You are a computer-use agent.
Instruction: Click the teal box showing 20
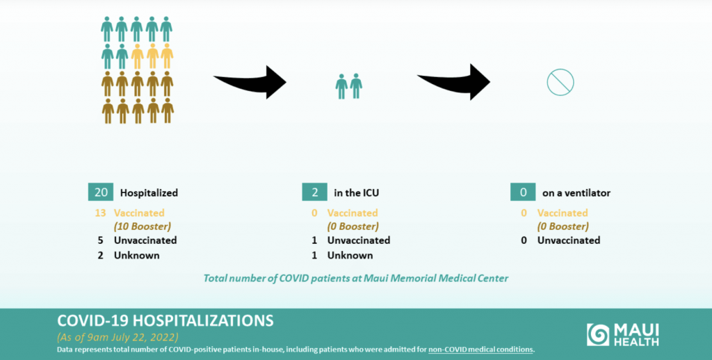100,192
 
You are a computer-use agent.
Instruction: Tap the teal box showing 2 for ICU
314,192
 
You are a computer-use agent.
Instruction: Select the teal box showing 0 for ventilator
523,192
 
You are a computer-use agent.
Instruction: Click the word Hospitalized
149,193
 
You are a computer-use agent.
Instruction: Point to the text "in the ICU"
357,193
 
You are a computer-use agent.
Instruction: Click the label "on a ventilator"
576,193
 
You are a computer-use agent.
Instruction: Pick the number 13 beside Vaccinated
100,213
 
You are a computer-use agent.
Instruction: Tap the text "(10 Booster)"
143,227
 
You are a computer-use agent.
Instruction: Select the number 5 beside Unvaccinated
100,240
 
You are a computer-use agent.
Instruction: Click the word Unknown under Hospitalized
137,255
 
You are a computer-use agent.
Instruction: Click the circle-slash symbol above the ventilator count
560,82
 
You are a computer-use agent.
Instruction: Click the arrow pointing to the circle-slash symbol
455,82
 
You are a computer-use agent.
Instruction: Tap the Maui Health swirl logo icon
598,334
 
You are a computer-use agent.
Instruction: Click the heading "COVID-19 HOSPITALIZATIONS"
165,320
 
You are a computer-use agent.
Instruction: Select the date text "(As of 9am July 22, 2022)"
118,337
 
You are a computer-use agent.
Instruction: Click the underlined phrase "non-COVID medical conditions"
480,350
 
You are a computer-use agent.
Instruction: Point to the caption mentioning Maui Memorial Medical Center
355,278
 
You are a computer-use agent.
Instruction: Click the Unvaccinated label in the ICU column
359,240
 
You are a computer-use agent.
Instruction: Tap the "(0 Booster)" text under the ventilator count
563,227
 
